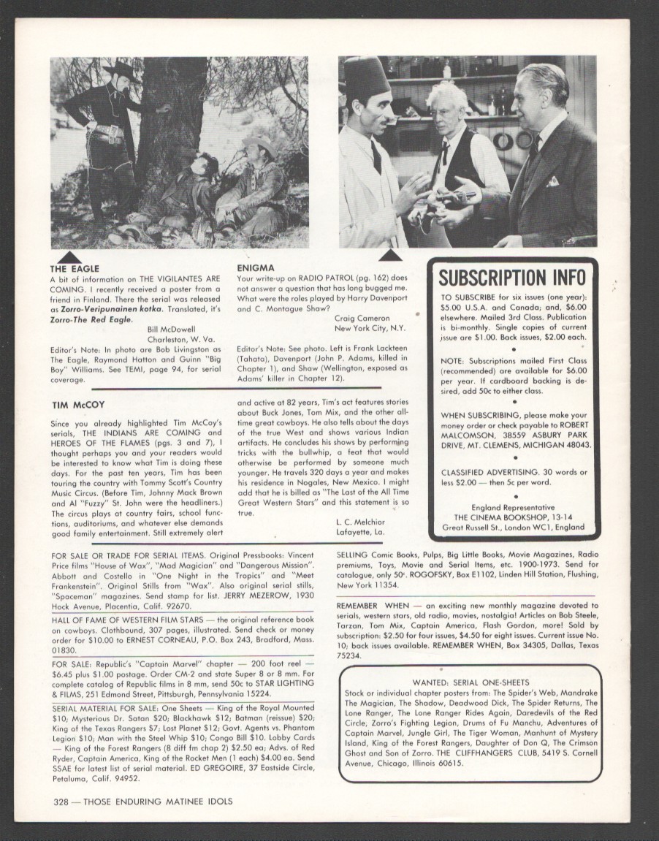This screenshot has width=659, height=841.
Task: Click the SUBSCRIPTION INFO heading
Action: pos(512,278)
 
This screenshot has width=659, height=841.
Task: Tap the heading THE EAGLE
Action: pos(74,269)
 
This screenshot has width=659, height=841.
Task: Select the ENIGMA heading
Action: pos(256,268)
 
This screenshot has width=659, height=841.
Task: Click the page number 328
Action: pos(64,801)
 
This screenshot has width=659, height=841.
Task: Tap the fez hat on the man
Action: pos(367,77)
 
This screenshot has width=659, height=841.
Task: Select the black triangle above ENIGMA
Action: pos(390,254)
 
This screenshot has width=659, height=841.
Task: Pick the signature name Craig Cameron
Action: pos(363,319)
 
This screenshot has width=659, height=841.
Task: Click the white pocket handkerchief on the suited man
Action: pos(553,180)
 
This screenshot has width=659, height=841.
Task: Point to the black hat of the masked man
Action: pos(121,69)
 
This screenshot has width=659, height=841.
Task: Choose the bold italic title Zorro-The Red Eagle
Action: pos(89,319)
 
